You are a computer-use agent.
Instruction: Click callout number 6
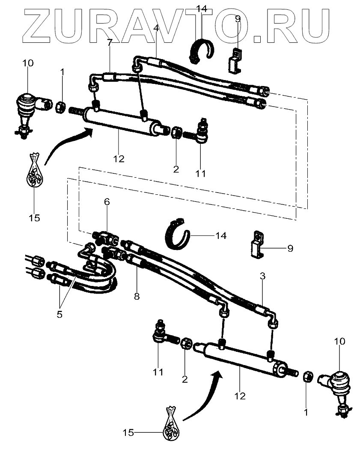(x=107, y=202)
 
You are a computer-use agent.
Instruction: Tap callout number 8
(x=137, y=296)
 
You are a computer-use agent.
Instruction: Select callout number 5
(x=60, y=314)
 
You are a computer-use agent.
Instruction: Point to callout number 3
(x=262, y=276)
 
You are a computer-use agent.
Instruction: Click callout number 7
(x=109, y=43)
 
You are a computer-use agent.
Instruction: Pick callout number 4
(x=156, y=28)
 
